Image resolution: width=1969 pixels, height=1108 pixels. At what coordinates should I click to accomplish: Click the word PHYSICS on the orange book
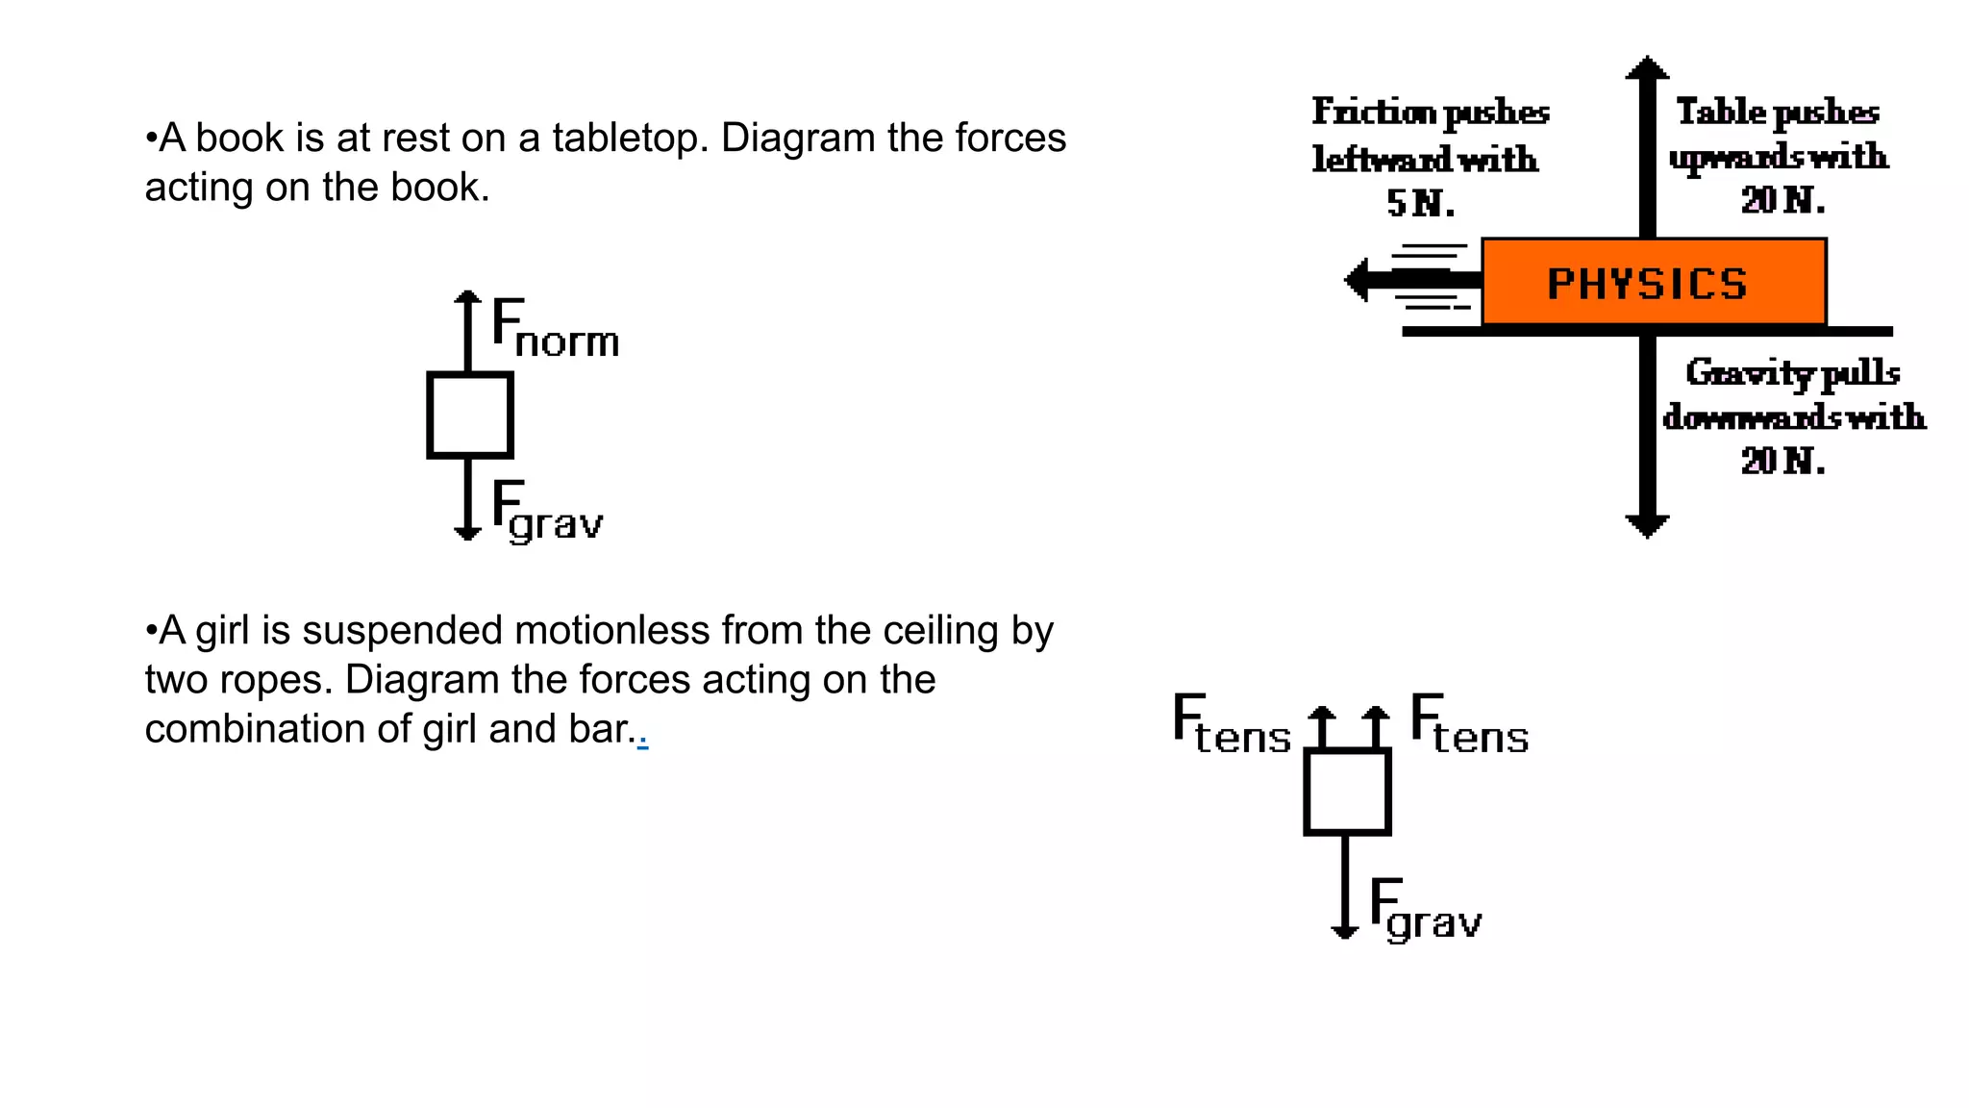[1646, 285]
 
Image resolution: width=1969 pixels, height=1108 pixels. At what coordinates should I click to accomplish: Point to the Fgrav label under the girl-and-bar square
[1425, 910]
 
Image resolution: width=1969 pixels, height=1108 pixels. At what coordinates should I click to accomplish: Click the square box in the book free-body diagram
[469, 415]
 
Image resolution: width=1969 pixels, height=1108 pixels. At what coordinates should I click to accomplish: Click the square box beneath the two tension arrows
[1347, 792]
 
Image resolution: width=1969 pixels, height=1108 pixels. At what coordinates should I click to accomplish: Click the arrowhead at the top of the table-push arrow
[1647, 67]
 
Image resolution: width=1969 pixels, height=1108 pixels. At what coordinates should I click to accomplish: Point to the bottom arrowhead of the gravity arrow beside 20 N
[1647, 525]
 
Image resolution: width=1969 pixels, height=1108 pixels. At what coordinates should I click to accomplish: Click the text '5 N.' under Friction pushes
[1420, 204]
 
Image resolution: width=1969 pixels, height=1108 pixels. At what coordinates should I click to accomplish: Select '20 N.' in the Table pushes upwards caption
[1782, 201]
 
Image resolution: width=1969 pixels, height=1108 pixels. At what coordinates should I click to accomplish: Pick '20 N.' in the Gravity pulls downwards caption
[1782, 462]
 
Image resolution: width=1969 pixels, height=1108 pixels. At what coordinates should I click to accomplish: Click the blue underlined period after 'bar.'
[642, 741]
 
